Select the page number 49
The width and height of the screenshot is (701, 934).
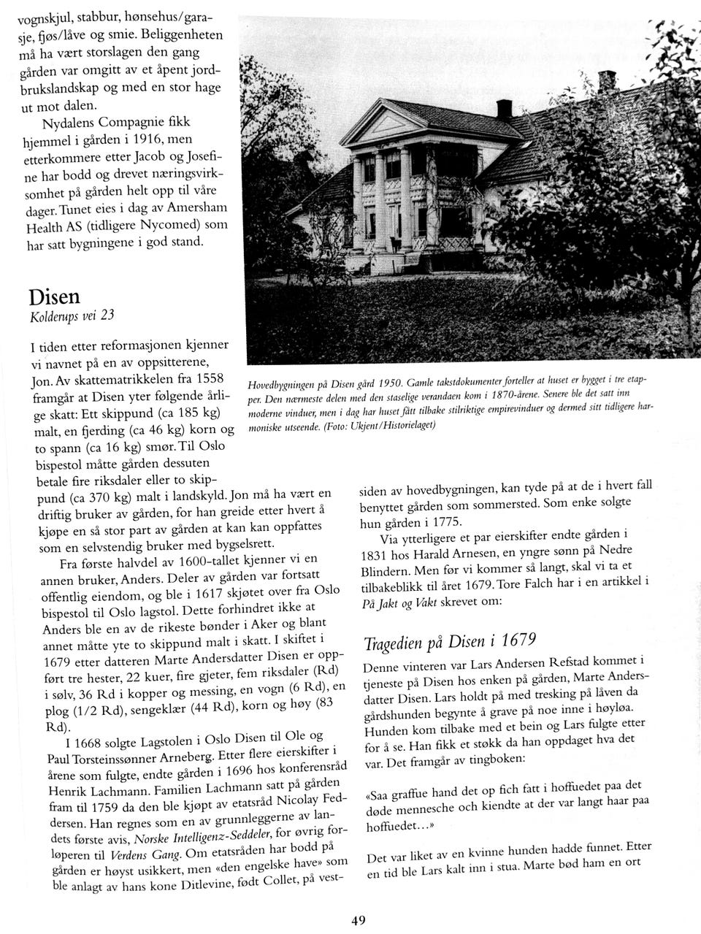pyautogui.click(x=358, y=921)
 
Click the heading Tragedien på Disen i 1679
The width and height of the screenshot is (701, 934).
pyautogui.click(x=450, y=643)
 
